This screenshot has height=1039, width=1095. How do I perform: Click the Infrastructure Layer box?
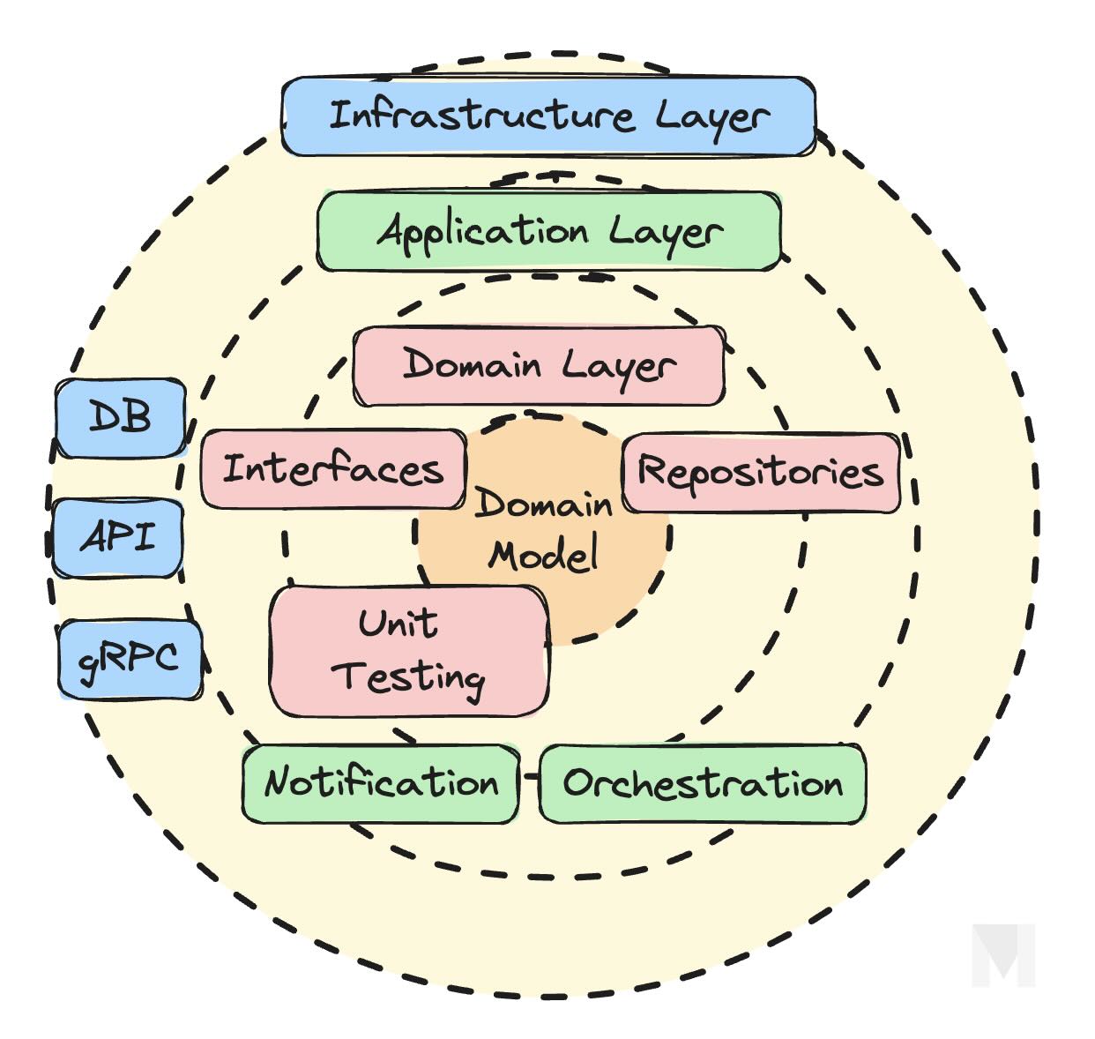tap(548, 116)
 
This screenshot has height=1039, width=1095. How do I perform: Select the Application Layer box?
tap(548, 231)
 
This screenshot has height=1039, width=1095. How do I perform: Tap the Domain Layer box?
tap(539, 366)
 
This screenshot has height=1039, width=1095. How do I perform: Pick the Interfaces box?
tap(333, 468)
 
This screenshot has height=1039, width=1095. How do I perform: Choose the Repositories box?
tap(761, 472)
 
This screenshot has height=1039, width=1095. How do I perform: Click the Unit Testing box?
tap(409, 651)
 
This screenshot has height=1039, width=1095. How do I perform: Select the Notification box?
tap(381, 783)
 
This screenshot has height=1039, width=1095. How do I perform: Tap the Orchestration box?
tap(703, 783)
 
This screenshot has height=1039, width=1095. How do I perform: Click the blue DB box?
tap(121, 418)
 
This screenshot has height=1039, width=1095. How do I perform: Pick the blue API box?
tap(118, 537)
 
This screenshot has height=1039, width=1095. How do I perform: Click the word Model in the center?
tap(544, 556)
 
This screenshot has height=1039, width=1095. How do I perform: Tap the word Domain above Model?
tap(543, 505)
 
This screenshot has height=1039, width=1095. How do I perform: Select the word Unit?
tap(398, 624)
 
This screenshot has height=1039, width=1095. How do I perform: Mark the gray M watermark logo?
tap(1003, 955)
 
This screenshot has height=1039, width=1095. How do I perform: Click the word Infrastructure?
tap(480, 116)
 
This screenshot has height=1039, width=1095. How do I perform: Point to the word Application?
tap(482, 231)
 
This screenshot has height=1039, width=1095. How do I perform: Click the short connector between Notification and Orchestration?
tap(530, 777)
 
